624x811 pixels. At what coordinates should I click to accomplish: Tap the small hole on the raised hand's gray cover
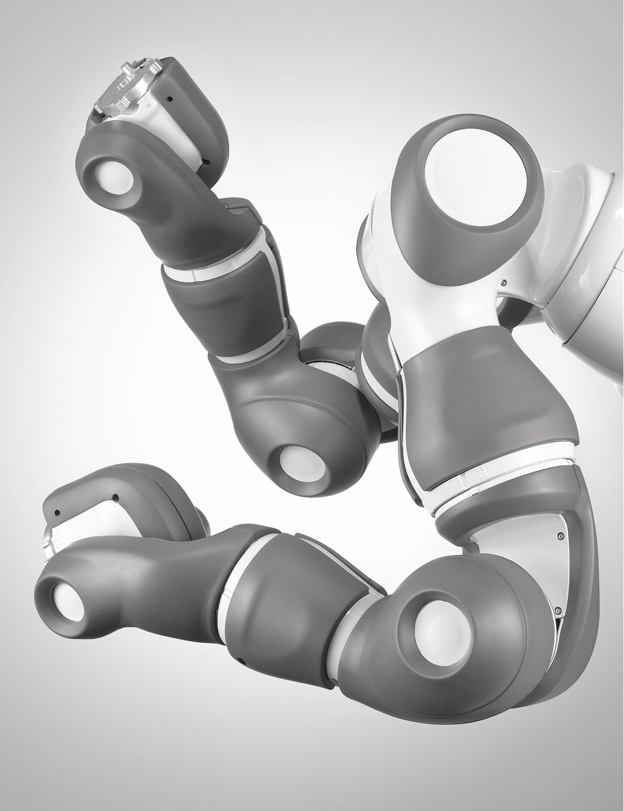click(x=170, y=97)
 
